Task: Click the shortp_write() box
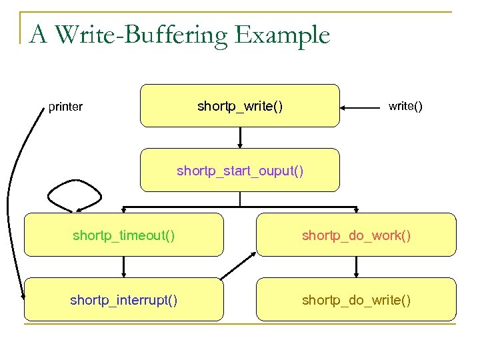point(239,105)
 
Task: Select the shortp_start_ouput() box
point(239,171)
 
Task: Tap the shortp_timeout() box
point(123,235)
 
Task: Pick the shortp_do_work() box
point(356,235)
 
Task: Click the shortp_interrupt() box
point(123,300)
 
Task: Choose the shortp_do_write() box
point(356,300)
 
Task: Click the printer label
point(65,107)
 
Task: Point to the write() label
point(405,106)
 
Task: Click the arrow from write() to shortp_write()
point(363,107)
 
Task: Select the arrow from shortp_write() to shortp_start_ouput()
point(240,137)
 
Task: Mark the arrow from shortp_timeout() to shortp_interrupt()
point(123,267)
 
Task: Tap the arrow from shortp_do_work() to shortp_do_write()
point(356,267)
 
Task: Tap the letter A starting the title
point(39,34)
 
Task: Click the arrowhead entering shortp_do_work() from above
point(356,209)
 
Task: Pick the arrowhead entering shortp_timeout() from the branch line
point(123,209)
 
